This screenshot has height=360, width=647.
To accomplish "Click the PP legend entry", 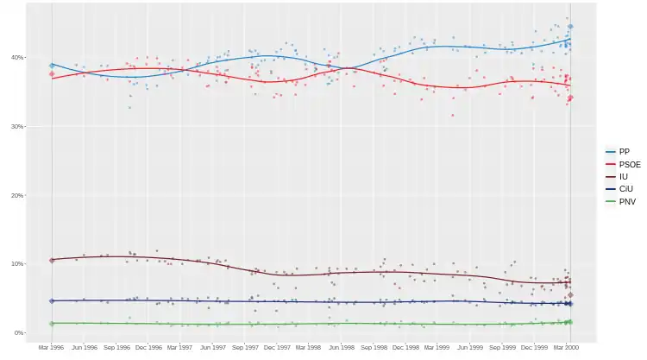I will click(x=624, y=151).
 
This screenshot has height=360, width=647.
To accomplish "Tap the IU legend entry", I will click(x=622, y=176).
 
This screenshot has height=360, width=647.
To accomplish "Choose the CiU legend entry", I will click(x=624, y=188).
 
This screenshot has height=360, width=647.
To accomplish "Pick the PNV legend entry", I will click(x=625, y=201).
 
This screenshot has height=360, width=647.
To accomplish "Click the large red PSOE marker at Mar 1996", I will click(x=52, y=74).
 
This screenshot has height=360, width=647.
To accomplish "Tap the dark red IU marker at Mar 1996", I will click(x=52, y=260).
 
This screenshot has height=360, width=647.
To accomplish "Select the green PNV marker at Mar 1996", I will click(x=52, y=324).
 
